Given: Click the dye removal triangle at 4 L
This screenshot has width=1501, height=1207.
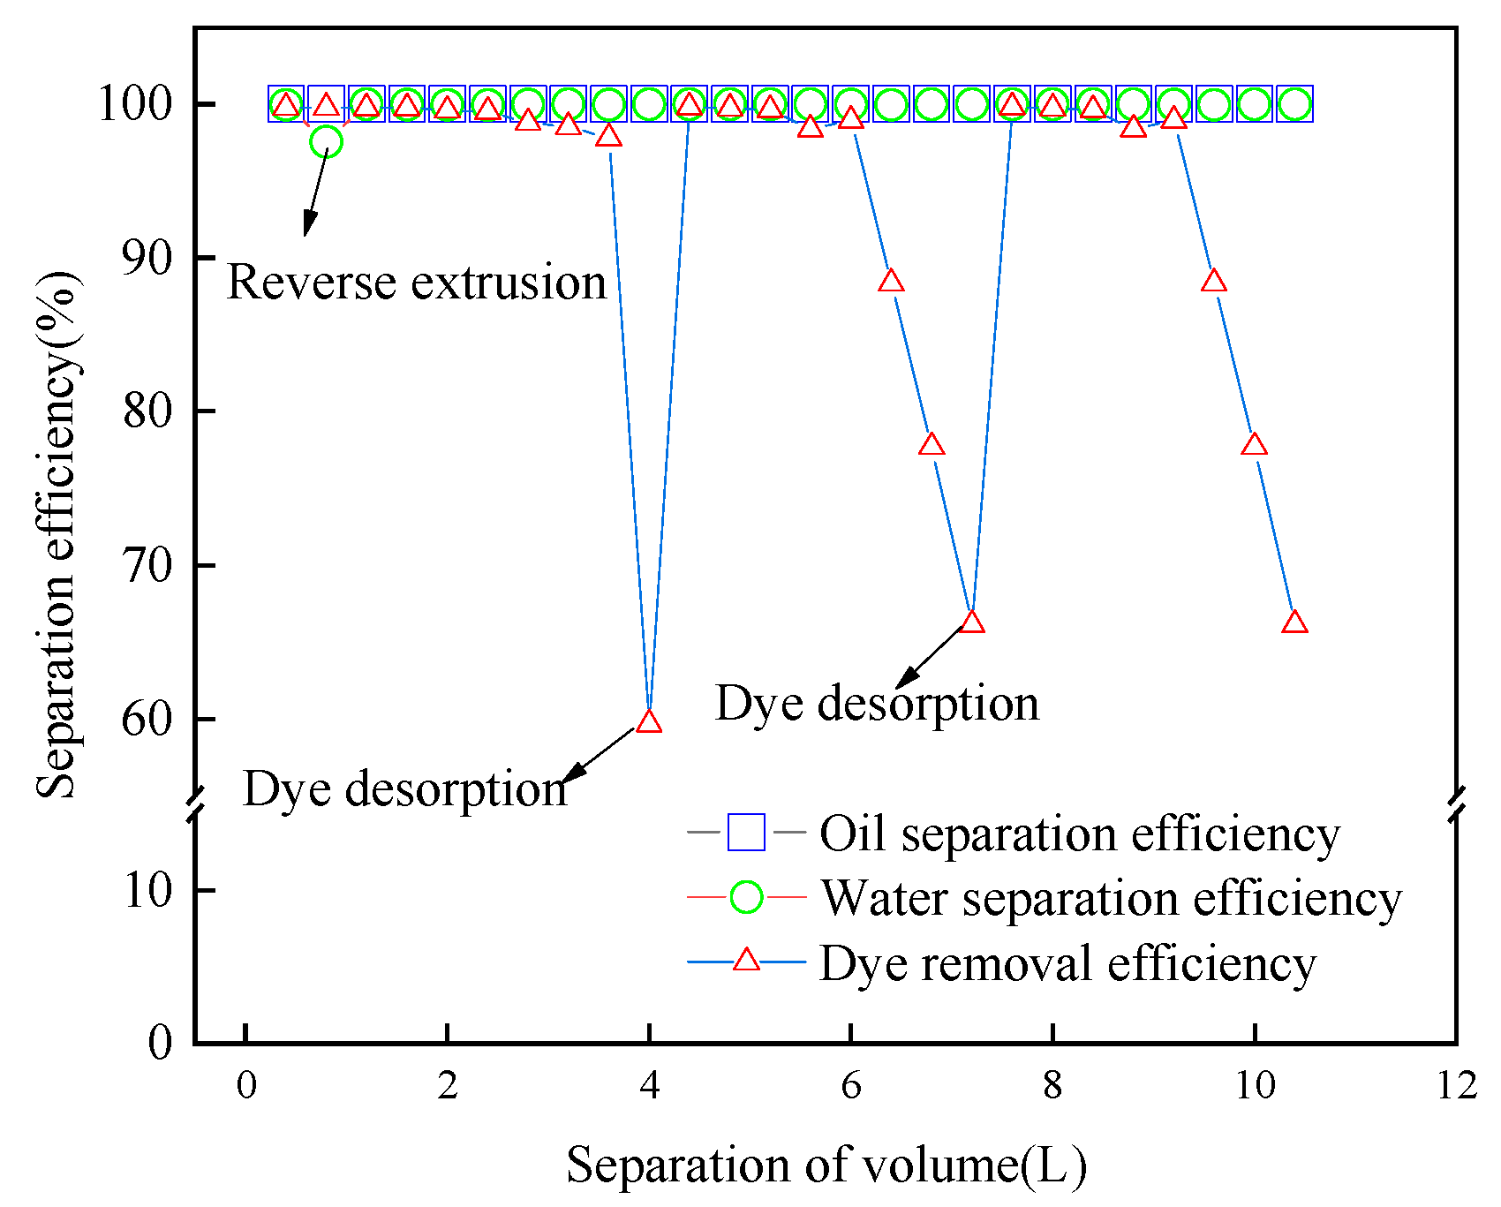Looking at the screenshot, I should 649,722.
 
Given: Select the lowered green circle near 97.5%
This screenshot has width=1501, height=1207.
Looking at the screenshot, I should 326,141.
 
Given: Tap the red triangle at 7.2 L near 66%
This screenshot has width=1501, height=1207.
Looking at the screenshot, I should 972,622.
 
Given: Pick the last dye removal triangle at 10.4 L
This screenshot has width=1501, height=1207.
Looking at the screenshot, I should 1294,622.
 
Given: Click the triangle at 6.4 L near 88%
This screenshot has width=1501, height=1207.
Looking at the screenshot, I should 892,282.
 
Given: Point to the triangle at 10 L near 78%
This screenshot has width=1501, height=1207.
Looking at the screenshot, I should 1254,445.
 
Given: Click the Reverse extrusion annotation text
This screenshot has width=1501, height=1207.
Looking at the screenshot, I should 417,283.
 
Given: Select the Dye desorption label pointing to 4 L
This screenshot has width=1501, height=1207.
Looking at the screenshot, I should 404,788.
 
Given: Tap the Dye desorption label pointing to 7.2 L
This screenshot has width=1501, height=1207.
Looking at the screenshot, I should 877,704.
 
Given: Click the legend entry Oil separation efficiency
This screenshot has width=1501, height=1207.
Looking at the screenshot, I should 1079,834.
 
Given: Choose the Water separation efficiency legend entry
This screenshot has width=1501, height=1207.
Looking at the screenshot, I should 1111,899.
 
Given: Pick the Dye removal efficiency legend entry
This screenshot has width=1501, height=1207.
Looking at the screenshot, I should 1067,962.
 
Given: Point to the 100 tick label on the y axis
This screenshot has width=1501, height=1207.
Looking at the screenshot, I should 135,104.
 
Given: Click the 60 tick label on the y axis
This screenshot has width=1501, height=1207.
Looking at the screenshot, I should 147,720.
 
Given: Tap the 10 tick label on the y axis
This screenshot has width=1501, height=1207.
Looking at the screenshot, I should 147,890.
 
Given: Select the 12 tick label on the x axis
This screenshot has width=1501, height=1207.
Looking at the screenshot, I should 1456,1085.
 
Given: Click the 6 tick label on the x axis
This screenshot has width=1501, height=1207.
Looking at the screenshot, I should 850,1085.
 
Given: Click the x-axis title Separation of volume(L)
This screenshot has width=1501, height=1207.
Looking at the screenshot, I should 826,1166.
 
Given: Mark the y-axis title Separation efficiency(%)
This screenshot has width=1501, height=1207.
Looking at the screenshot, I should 58,534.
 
